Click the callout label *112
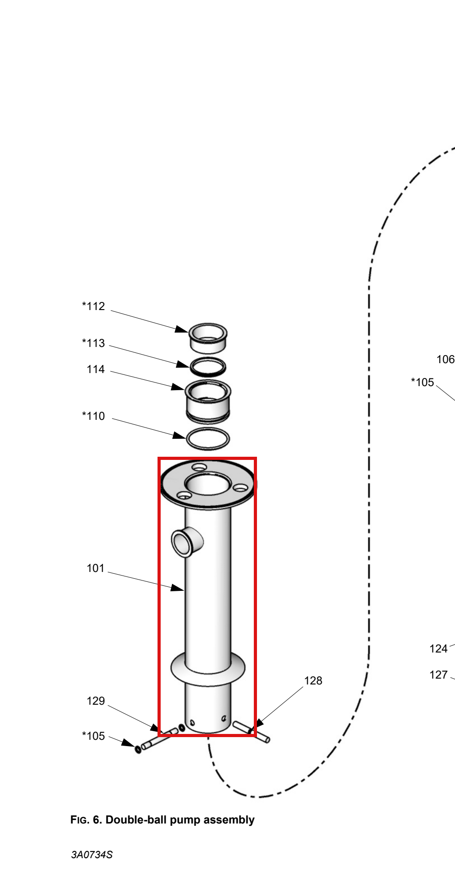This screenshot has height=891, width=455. coord(93,306)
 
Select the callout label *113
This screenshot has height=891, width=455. coord(93,343)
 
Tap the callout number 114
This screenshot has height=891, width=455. coord(95,369)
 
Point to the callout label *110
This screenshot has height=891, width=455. coord(93,416)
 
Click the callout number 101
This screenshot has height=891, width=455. coord(95,568)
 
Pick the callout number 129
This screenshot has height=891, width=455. coord(95,701)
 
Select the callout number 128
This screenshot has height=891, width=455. coord(313,681)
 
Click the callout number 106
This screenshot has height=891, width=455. coord(446,360)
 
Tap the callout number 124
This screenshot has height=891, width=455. coord(438,649)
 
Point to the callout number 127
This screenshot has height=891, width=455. coord(438,675)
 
